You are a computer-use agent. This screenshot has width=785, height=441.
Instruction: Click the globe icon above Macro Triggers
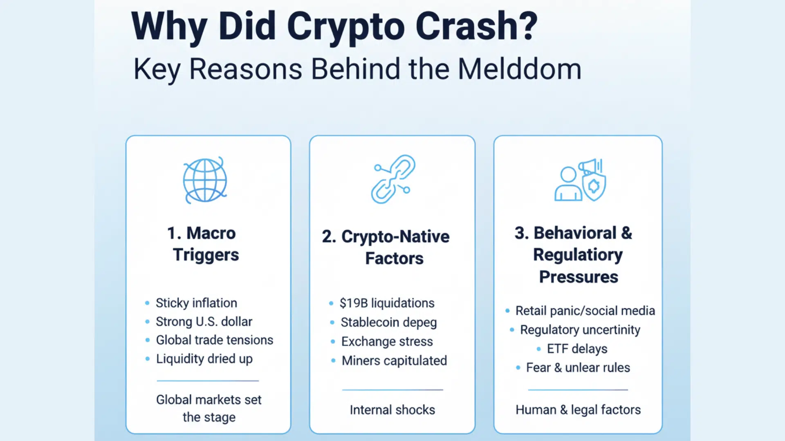click(x=205, y=180)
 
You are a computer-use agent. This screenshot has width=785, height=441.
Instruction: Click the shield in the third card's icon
click(x=594, y=186)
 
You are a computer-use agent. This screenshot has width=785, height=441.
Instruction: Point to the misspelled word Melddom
click(x=519, y=69)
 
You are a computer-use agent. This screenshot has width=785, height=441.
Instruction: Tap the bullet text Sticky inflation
click(x=196, y=303)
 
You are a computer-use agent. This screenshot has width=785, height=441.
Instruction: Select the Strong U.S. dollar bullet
click(x=204, y=322)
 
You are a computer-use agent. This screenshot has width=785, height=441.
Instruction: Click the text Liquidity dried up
click(x=204, y=359)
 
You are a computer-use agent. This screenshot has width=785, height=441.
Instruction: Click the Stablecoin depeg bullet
click(x=388, y=322)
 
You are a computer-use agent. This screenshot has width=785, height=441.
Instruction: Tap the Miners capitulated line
click(x=394, y=361)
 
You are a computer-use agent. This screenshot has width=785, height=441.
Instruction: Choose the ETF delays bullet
click(x=577, y=349)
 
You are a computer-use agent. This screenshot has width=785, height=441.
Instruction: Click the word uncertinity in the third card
click(x=610, y=330)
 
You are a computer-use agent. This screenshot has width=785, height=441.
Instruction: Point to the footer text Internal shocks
click(x=392, y=410)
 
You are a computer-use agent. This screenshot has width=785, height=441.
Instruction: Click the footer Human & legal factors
click(x=578, y=410)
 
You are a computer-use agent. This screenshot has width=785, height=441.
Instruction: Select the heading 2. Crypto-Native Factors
click(x=386, y=247)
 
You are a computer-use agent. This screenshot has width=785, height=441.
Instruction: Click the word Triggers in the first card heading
click(x=206, y=255)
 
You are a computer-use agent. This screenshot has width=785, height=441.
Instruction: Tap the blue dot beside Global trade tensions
click(x=147, y=340)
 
